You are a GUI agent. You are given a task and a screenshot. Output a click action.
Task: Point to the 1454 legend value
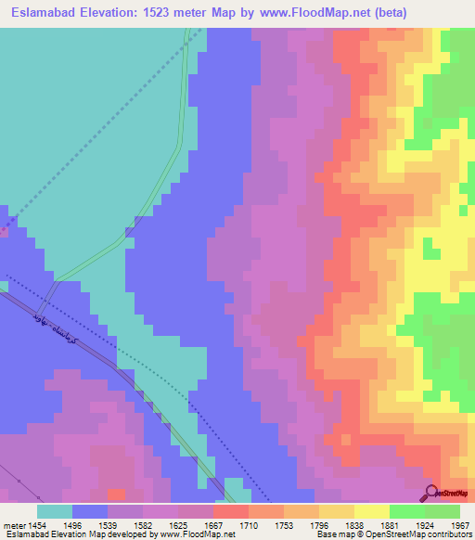[x=36, y=523]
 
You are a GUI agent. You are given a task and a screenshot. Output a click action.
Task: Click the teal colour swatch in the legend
[x=55, y=511]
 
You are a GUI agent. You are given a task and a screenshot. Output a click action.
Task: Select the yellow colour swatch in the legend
[x=371, y=511]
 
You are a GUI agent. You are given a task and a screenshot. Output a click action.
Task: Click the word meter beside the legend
[x=13, y=523]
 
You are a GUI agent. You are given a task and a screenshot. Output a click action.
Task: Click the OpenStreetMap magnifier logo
[x=432, y=493]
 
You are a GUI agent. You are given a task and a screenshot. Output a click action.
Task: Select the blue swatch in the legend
[x=90, y=511]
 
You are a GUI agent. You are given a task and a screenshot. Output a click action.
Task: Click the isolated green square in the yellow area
[x=430, y=249]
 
